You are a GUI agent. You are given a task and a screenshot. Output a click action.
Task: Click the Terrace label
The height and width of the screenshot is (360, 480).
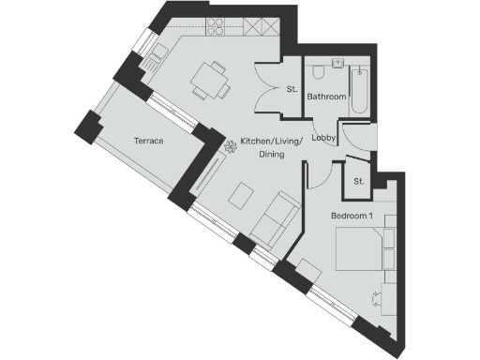pyautogui.click(x=149, y=141)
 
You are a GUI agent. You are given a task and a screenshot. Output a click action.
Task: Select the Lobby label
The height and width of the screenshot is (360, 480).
pyautogui.click(x=324, y=138)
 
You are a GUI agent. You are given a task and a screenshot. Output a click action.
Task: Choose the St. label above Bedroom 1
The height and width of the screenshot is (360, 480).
pyautogui.click(x=359, y=181)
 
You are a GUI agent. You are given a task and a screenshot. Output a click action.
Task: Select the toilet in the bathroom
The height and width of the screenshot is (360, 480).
pyautogui.click(x=319, y=72)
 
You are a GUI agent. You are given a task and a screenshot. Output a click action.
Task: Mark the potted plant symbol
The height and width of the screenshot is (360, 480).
pyautogui.click(x=229, y=145)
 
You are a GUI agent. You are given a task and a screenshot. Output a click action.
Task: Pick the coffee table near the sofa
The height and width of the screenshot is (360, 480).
pyautogui.click(x=243, y=195)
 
